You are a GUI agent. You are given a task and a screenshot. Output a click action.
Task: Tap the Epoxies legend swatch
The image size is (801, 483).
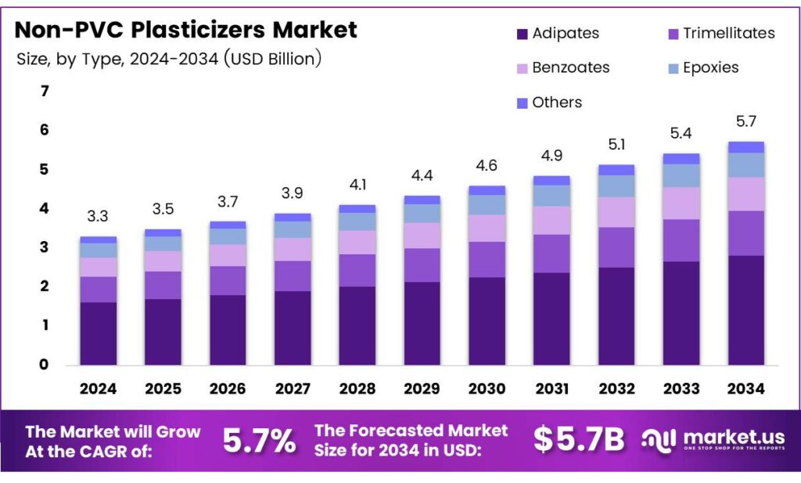[x=672, y=68]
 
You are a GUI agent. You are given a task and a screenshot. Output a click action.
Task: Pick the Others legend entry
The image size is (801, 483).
[x=548, y=103]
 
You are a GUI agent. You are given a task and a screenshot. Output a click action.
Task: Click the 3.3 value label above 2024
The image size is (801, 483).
[x=98, y=217]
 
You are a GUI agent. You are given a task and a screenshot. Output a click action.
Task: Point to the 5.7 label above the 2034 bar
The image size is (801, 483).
[x=745, y=122]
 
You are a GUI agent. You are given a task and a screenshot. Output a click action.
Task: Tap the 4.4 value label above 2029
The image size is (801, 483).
[x=422, y=175]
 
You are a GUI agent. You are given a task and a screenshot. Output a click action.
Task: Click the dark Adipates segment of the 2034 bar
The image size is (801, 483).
[x=745, y=309]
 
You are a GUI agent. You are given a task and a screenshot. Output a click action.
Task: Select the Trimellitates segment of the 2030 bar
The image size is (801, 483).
[x=487, y=259]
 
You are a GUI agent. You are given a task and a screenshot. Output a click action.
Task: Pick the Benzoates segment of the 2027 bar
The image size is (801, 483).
[x=292, y=249]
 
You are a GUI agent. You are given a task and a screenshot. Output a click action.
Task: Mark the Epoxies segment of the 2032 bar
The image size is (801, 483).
[x=616, y=186]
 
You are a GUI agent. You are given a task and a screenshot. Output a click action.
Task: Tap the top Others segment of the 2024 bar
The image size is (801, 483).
[x=98, y=240]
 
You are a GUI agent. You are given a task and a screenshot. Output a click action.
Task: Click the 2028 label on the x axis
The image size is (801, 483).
[x=357, y=389]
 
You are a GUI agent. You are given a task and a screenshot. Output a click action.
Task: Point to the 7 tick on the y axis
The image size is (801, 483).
[x=45, y=92]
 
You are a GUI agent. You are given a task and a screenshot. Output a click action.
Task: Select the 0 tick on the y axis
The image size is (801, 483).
[x=45, y=365]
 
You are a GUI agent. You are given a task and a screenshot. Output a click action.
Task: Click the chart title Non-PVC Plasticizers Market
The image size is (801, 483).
[x=186, y=30]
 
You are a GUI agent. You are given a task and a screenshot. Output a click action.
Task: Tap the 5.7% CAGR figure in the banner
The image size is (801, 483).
[x=259, y=441]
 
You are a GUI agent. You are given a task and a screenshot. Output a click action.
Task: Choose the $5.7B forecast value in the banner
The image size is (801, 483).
[x=579, y=441]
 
